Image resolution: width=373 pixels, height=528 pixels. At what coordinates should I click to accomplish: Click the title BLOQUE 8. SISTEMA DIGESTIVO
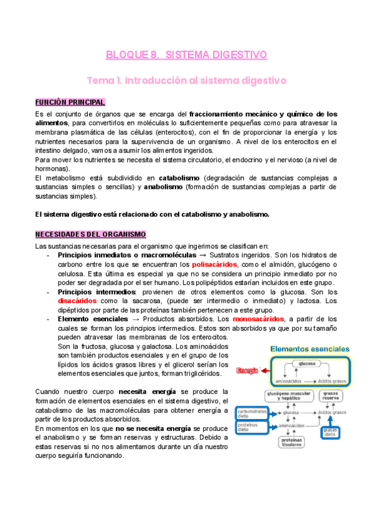point(187,55)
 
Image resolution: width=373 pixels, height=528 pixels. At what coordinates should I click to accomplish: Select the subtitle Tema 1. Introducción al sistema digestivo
point(186,81)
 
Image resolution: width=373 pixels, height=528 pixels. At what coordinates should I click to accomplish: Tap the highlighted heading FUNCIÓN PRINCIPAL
point(70,102)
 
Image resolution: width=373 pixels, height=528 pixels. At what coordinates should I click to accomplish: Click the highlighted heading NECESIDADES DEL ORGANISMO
point(90,234)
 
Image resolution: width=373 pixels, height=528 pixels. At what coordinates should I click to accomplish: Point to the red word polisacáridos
point(214,264)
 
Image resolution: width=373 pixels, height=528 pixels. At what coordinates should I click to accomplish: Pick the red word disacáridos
point(77,301)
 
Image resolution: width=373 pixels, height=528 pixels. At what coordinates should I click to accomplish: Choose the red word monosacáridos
point(258,319)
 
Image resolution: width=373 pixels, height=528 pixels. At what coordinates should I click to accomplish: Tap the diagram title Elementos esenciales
point(309,349)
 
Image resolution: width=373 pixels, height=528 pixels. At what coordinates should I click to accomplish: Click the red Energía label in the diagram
point(247,371)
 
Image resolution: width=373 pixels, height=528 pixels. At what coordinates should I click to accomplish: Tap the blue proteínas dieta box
point(248,427)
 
